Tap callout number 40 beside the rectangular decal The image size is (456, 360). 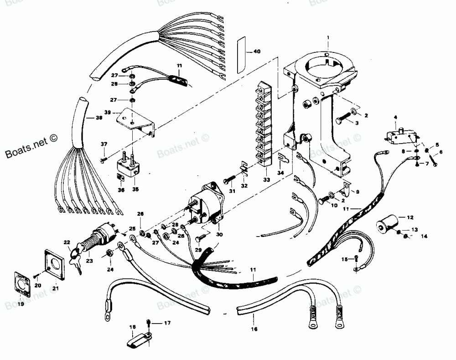(x=257, y=51)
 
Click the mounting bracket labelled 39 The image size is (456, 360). (x=135, y=120)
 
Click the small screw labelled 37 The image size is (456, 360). (x=104, y=159)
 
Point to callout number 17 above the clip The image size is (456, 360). (x=167, y=323)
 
